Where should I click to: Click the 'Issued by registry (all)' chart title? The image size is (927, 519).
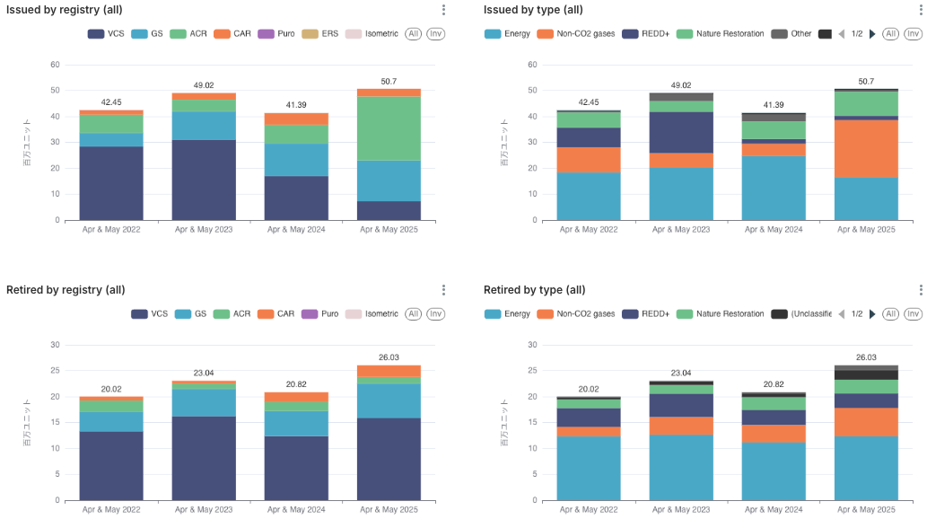click(64, 10)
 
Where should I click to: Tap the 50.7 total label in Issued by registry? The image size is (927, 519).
click(389, 82)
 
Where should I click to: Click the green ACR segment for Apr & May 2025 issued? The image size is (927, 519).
click(389, 128)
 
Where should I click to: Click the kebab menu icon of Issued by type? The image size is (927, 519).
click(920, 10)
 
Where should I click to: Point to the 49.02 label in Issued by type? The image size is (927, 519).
click(681, 85)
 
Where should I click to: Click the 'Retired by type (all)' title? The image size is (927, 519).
click(534, 290)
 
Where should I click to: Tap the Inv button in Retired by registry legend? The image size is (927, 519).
click(435, 314)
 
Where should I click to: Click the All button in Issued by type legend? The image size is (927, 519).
click(890, 34)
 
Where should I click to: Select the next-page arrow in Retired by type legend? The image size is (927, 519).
click(872, 314)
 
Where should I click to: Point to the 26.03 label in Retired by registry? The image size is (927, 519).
click(389, 357)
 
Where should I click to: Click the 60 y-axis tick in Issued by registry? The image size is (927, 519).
click(55, 65)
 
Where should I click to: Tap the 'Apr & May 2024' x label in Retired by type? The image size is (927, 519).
click(773, 510)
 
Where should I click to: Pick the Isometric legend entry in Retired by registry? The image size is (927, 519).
click(372, 314)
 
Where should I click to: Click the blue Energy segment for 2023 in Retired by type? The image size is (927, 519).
click(681, 467)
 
